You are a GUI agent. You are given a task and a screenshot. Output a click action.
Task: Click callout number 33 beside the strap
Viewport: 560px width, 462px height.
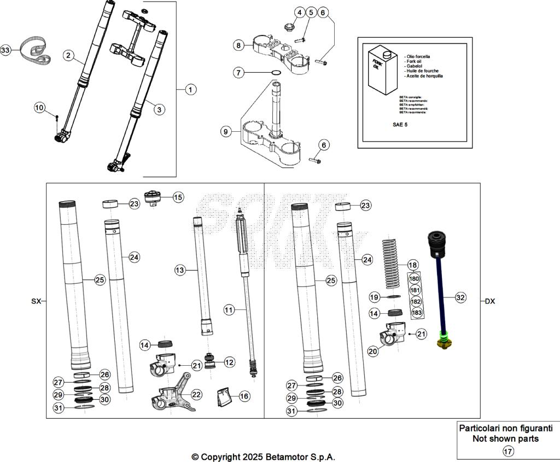tap(5, 50)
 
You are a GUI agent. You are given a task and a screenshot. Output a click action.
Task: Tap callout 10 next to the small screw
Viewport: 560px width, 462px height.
tap(39, 108)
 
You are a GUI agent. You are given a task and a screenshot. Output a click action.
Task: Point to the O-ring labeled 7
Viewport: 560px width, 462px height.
tap(277, 73)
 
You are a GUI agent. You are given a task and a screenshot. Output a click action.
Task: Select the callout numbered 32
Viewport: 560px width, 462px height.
tap(460, 298)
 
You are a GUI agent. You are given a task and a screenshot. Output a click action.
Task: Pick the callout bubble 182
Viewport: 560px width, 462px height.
tap(416, 301)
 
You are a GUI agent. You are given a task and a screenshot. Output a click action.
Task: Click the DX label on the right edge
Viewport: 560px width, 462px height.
tap(489, 301)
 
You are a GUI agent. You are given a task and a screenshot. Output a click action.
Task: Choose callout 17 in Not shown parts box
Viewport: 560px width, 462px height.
tap(508, 451)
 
